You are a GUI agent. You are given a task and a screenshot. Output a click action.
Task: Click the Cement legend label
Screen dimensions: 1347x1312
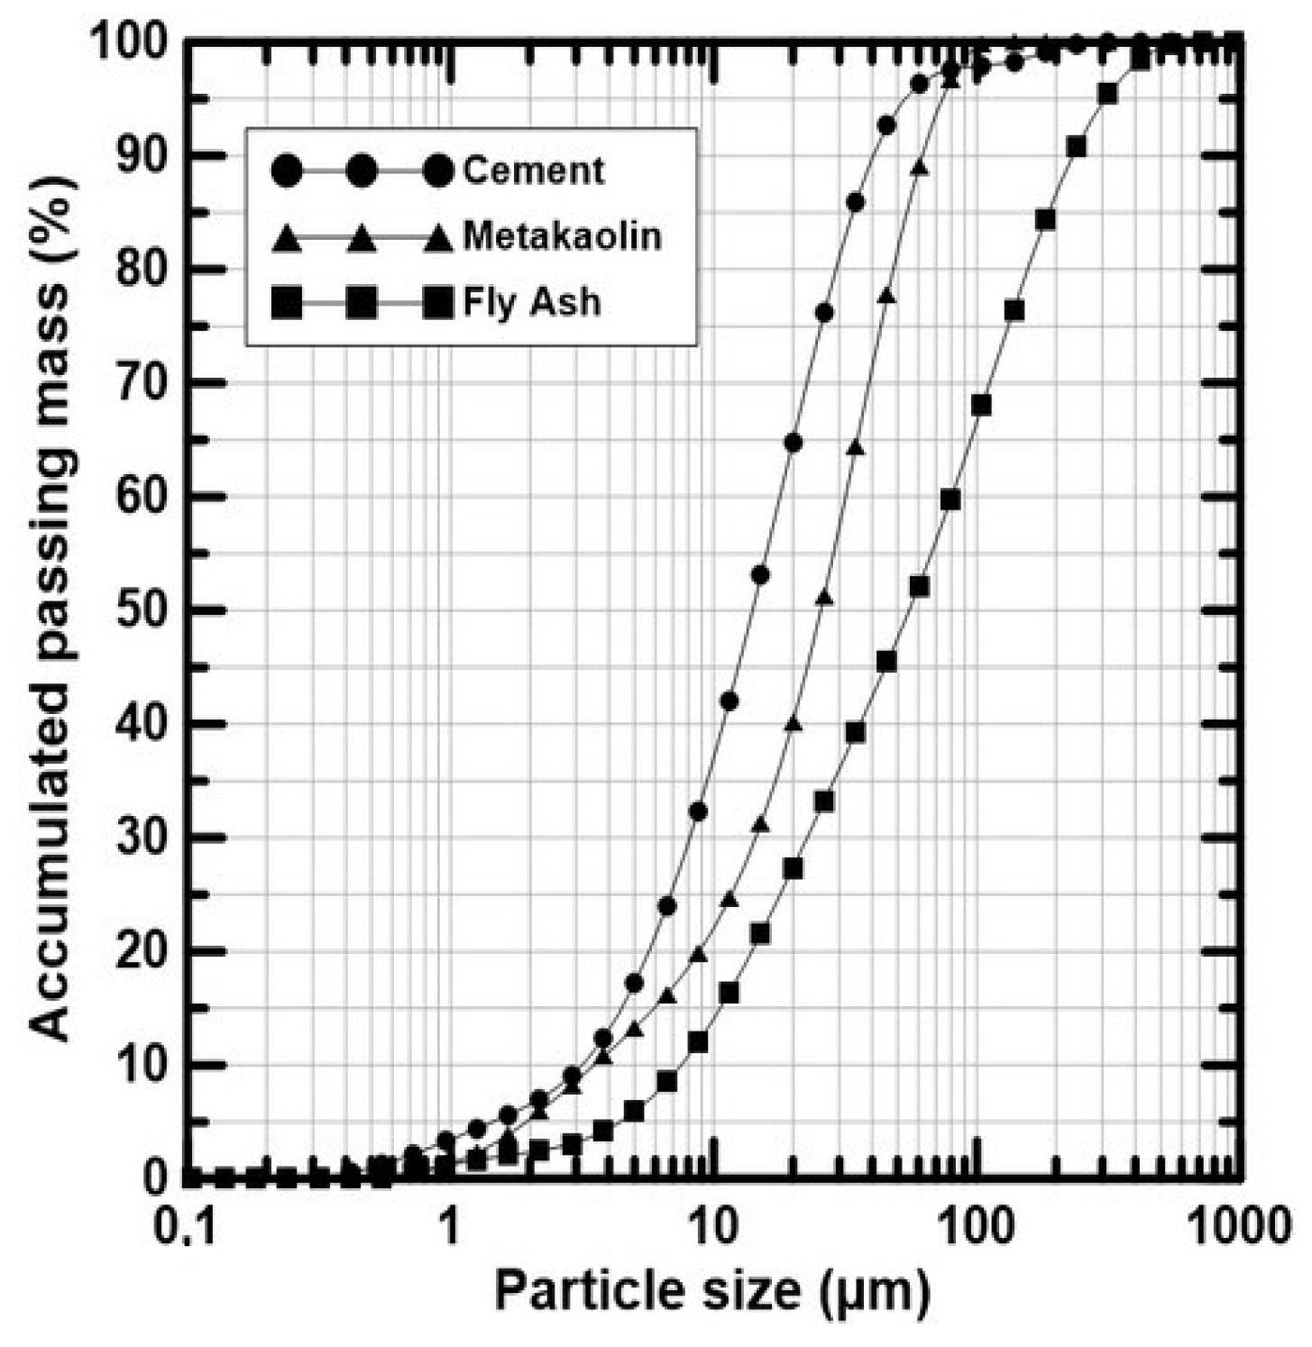(x=533, y=170)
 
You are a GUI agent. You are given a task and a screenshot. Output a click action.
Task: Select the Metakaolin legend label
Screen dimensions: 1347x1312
(x=562, y=236)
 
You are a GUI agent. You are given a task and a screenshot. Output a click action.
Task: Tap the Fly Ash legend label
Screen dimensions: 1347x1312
(x=531, y=302)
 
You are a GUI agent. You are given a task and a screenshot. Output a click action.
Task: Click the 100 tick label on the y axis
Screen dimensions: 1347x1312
(x=131, y=42)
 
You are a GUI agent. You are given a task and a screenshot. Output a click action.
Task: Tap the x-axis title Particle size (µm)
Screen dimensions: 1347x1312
(x=711, y=1291)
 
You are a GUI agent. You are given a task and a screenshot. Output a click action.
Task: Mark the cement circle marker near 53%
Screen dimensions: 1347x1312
(x=760, y=574)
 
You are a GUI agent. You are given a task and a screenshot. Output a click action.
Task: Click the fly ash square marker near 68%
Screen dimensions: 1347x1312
(x=981, y=405)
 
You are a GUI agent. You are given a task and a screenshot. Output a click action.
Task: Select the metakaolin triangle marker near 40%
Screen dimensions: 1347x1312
(x=794, y=723)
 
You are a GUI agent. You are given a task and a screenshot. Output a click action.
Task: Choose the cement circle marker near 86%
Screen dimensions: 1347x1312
(x=855, y=202)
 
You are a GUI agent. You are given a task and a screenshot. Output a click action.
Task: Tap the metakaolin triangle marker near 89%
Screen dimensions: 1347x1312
(x=920, y=168)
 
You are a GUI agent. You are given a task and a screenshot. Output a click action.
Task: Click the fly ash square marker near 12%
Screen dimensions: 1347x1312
(x=697, y=1042)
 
